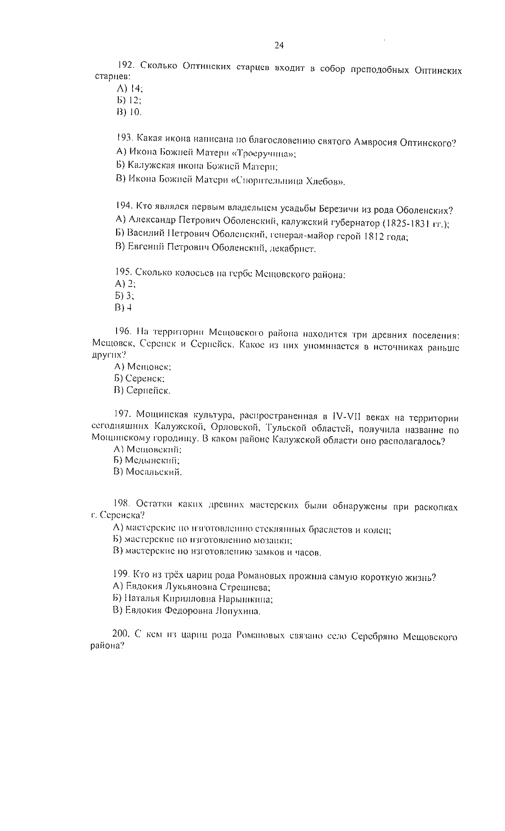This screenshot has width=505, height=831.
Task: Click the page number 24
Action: point(279,45)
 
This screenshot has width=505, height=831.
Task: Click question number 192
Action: point(125,65)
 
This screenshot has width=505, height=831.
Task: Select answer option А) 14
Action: point(130,88)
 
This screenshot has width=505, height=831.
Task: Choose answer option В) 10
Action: point(129,112)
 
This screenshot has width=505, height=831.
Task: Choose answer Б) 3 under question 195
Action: point(124,296)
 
